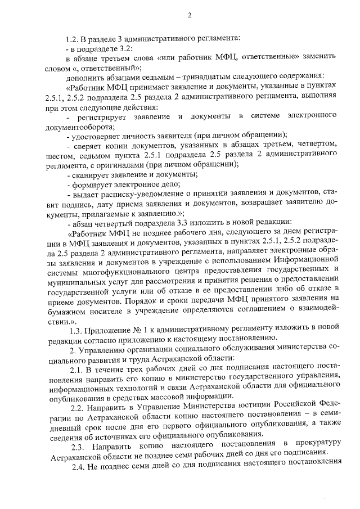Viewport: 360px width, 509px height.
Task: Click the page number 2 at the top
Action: point(190,15)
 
